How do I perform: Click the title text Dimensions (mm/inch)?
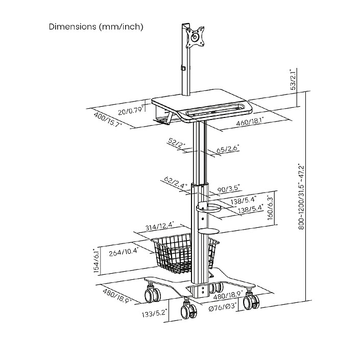pyautogui.click(x=96, y=27)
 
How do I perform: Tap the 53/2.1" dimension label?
pyautogui.click(x=294, y=80)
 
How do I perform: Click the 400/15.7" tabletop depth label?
pyautogui.click(x=108, y=119)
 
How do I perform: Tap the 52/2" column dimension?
pyautogui.click(x=177, y=143)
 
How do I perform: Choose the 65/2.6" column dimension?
pyautogui.click(x=228, y=149)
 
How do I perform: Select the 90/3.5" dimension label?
pyautogui.click(x=229, y=188)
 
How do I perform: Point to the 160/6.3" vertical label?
pyautogui.click(x=271, y=208)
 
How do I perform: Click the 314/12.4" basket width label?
pyautogui.click(x=160, y=226)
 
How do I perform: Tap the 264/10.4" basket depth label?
pyautogui.click(x=123, y=252)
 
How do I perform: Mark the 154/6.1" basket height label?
pyautogui.click(x=97, y=261)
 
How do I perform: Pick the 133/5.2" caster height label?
pyautogui.click(x=154, y=313)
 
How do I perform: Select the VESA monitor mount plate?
pyautogui.click(x=195, y=37)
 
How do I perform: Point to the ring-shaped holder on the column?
pyautogui.click(x=208, y=207)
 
